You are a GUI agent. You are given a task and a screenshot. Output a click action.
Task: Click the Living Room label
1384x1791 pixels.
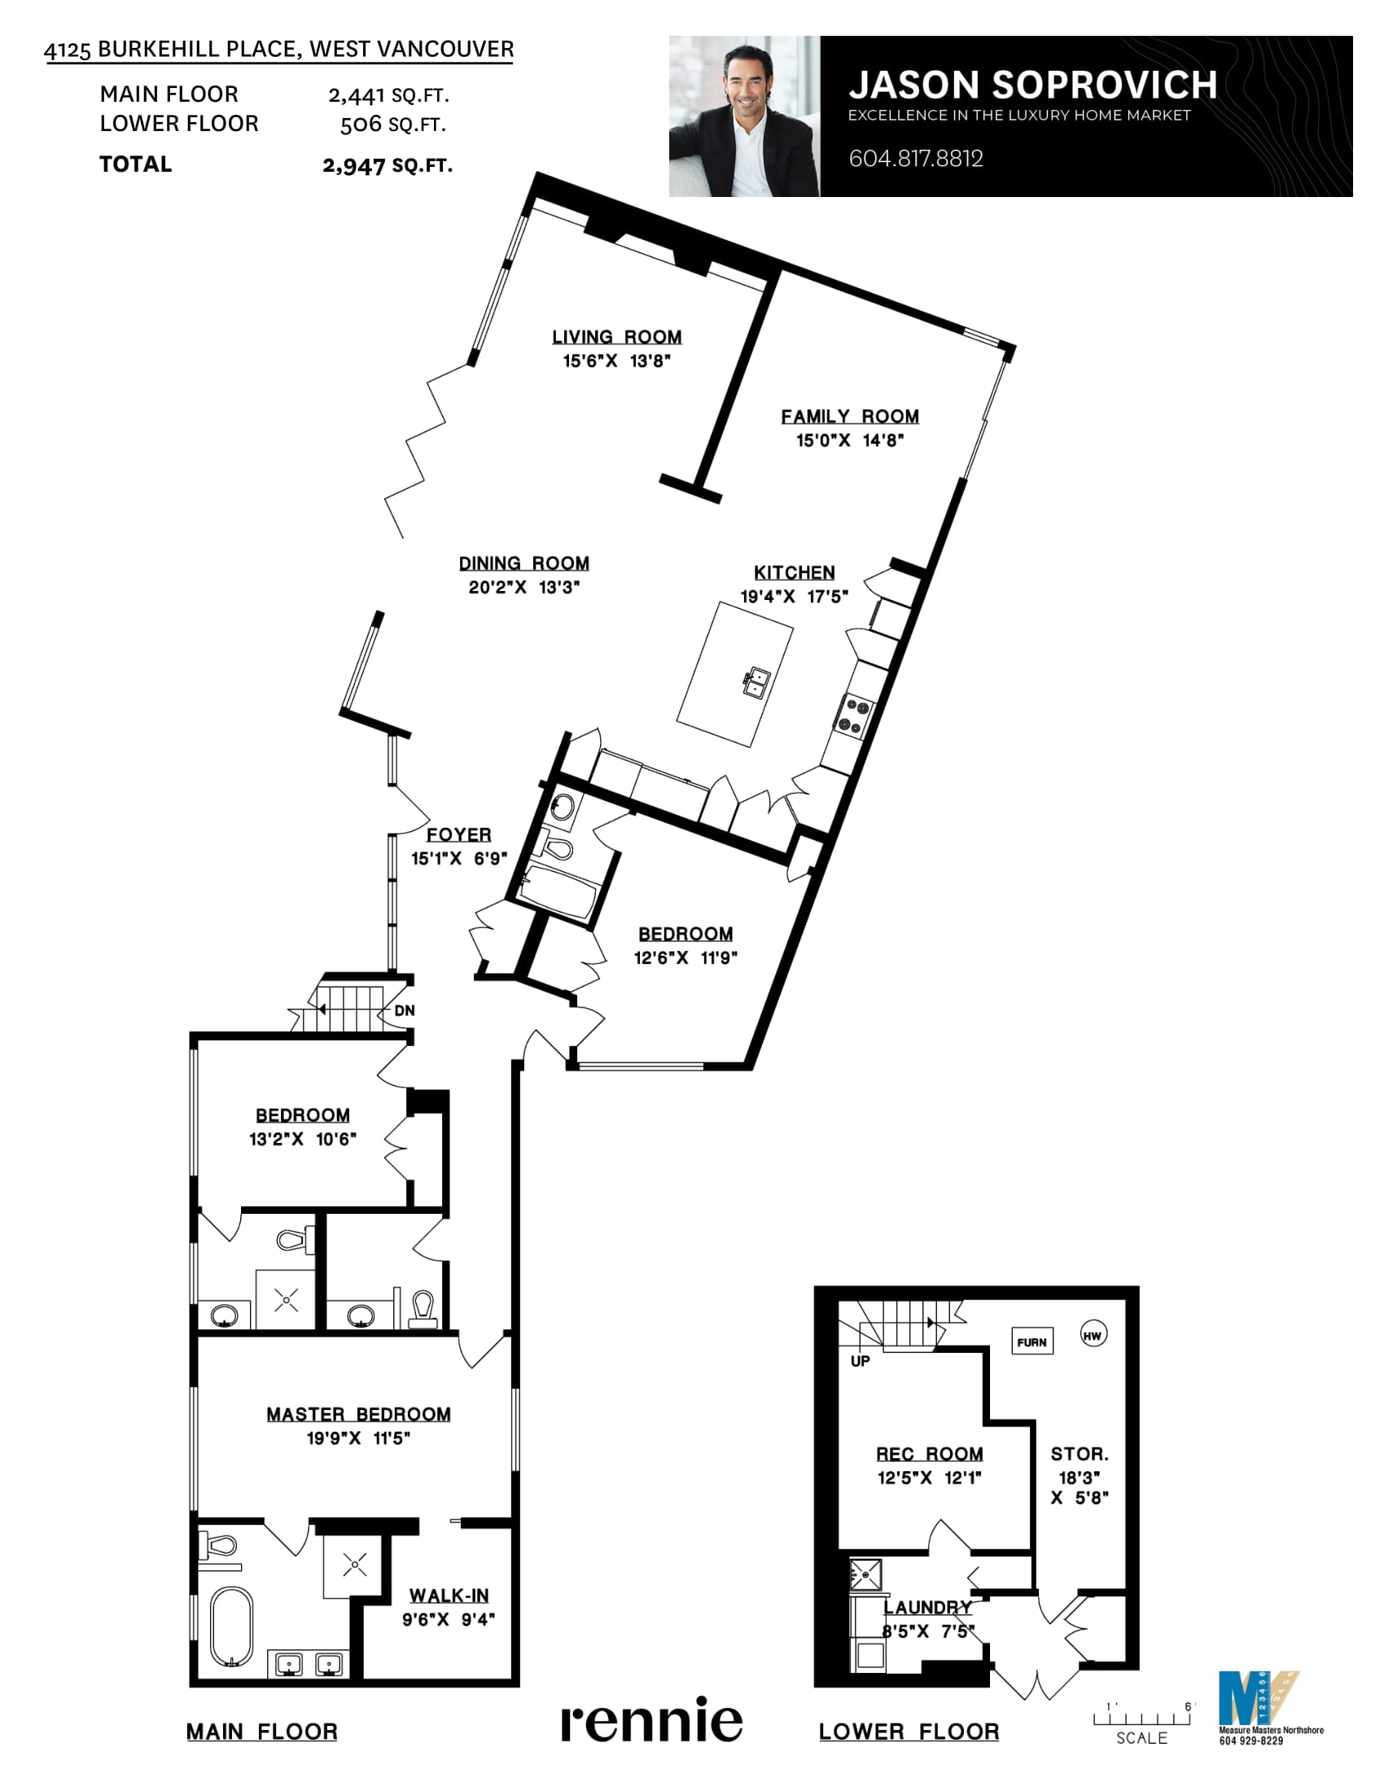[616, 337]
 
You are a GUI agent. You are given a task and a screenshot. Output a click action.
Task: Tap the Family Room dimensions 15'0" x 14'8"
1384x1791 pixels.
[849, 440]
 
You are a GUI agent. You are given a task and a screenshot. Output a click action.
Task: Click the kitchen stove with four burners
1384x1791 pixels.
[853, 716]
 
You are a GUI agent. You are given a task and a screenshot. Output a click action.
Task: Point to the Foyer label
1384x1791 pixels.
[458, 834]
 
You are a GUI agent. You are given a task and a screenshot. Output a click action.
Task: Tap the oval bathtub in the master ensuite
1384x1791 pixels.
[232, 1627]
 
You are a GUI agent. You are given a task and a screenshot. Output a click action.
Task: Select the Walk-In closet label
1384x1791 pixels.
[449, 1596]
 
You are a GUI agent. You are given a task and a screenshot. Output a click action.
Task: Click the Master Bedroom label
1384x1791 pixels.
[358, 1415]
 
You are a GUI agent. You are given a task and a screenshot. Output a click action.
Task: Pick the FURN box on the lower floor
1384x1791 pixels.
[1032, 1342]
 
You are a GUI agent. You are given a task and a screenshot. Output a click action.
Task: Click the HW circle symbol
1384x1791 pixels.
[1092, 1336]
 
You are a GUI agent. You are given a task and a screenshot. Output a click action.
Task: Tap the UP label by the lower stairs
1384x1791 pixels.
[860, 1361]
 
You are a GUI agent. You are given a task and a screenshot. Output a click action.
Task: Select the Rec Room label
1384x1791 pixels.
[929, 1454]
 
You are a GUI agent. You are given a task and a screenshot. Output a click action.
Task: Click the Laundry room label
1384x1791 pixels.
[927, 1607]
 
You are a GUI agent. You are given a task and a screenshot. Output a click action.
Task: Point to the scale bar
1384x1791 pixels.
[1141, 1717]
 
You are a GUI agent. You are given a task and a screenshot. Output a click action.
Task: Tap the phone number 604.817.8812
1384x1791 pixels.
[916, 158]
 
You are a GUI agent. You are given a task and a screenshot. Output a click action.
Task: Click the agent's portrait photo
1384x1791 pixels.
[744, 116]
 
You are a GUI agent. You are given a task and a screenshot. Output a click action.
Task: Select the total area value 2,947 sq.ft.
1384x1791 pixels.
[387, 164]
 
